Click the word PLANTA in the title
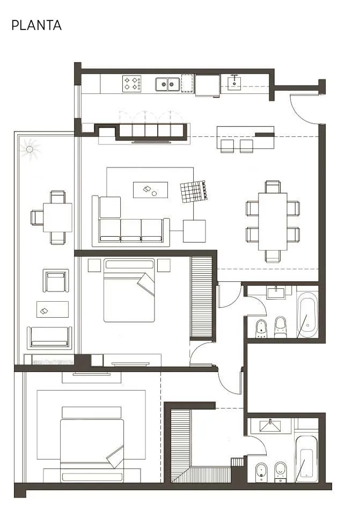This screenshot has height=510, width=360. tap(36, 25)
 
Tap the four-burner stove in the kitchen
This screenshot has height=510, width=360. tap(131, 83)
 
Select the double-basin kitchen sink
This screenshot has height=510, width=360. tap(167, 84)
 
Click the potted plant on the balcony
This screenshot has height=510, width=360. tap(30, 149)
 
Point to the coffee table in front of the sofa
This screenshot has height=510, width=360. tap(150, 190)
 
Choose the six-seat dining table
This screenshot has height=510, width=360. tap(273, 222)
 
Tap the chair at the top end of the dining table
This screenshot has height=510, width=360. tap(273, 187)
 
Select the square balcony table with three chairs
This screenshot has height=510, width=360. tap(57, 217)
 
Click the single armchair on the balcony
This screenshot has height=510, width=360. tap(56, 280)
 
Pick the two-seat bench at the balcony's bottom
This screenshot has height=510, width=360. tap(49, 338)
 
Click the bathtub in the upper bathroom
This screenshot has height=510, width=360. tap(307, 315)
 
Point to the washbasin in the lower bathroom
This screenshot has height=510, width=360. tap(270, 425)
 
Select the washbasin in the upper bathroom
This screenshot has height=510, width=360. tap(276, 292)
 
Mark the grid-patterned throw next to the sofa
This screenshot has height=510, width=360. tap(194, 191)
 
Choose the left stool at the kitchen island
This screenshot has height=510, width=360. tap(227, 146)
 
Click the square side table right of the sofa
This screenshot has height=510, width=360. tap(194, 231)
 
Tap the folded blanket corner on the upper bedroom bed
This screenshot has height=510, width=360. tap(146, 283)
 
